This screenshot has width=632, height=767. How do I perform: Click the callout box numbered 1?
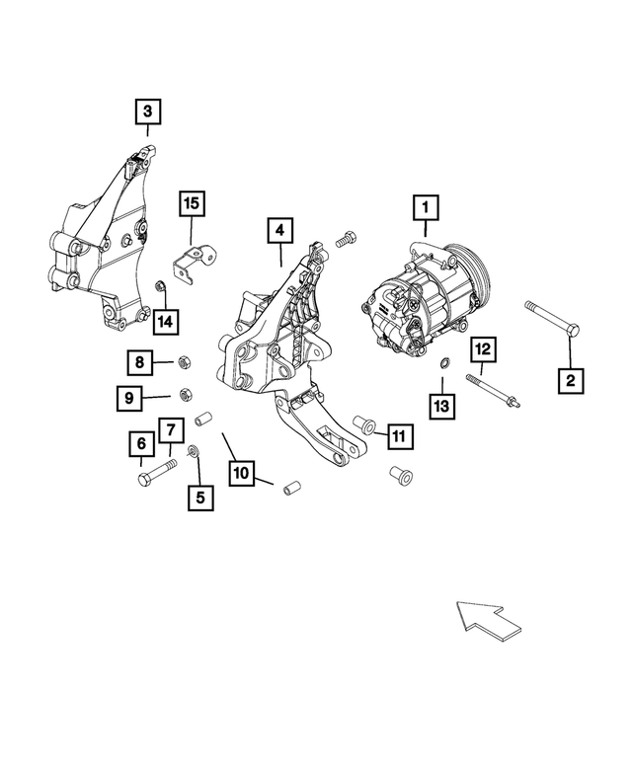point(426,207)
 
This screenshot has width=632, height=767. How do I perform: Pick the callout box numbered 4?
point(279,230)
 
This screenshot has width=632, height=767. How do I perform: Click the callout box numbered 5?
point(200,498)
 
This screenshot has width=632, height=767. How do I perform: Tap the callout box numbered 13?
point(441,404)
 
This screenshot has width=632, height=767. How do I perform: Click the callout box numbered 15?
point(191,204)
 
